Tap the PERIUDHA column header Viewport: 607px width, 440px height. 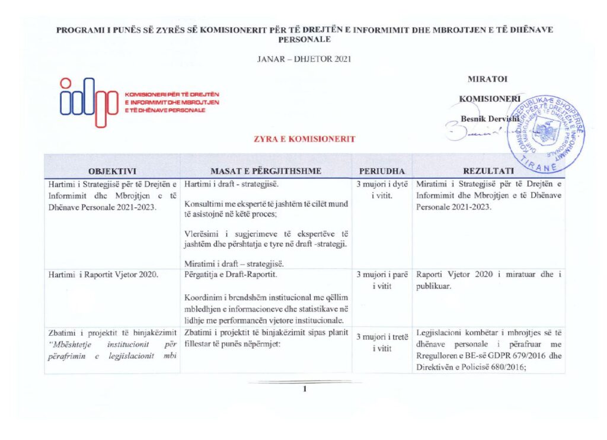382,171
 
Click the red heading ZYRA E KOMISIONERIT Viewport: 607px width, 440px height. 303,139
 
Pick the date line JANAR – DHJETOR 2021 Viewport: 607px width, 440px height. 303,59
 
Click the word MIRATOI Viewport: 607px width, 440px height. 487,79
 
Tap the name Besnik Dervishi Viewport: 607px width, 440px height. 489,118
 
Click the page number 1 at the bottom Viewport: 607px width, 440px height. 304,389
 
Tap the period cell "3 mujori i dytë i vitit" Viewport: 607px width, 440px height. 382,190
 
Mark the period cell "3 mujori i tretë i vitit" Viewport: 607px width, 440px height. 382,343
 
